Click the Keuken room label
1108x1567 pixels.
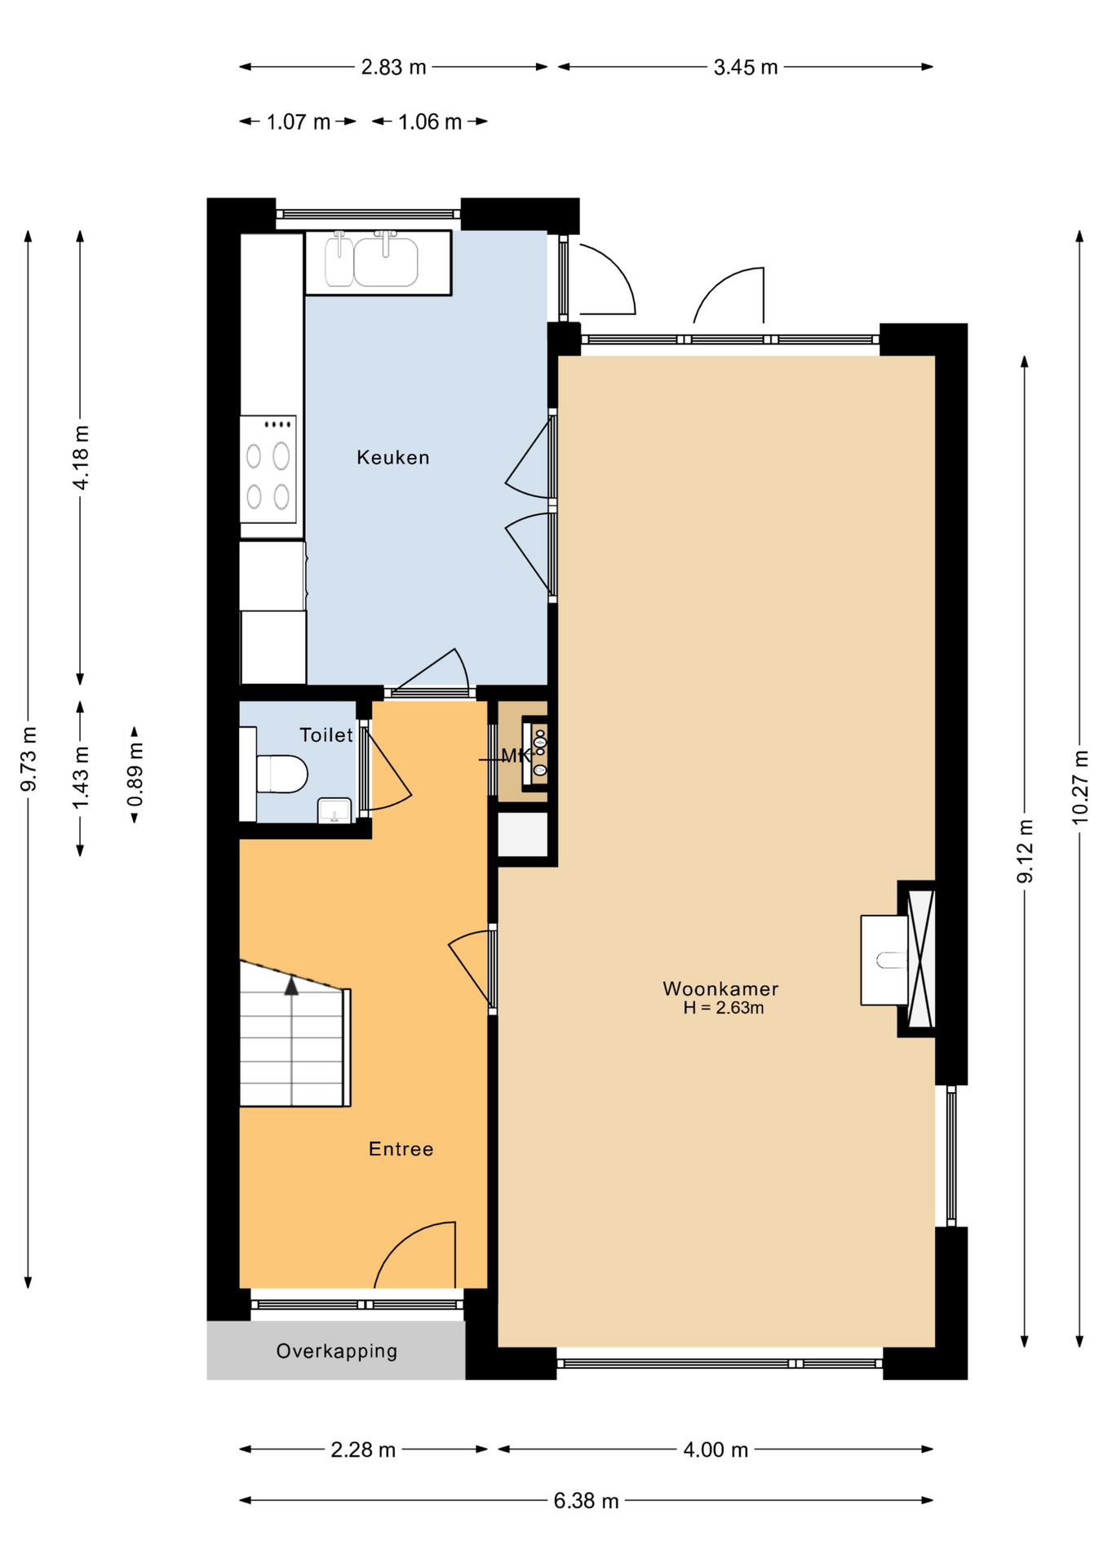[x=392, y=458]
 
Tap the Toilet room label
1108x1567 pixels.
[x=326, y=735]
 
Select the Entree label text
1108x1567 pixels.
[x=401, y=1149]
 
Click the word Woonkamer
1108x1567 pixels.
[x=720, y=988]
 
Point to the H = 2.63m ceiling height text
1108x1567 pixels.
[x=723, y=1009]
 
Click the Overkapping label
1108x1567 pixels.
[x=336, y=1352]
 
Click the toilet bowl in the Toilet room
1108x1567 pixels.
[x=282, y=774]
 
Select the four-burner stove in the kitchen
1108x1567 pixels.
[x=268, y=469]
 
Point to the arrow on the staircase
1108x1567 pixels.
[x=291, y=986]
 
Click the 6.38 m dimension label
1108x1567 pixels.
[x=586, y=1501]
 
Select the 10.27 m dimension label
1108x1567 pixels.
[x=1079, y=788]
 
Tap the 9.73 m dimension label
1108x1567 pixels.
[x=29, y=759]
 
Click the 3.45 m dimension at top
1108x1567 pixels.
[x=745, y=68]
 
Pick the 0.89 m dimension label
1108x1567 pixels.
[x=135, y=774]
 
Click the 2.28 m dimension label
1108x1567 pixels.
[x=363, y=1450]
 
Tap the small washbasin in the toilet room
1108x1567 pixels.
[x=334, y=810]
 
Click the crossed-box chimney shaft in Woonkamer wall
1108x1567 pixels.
[x=920, y=959]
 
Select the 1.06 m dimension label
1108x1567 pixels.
[x=429, y=122]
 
